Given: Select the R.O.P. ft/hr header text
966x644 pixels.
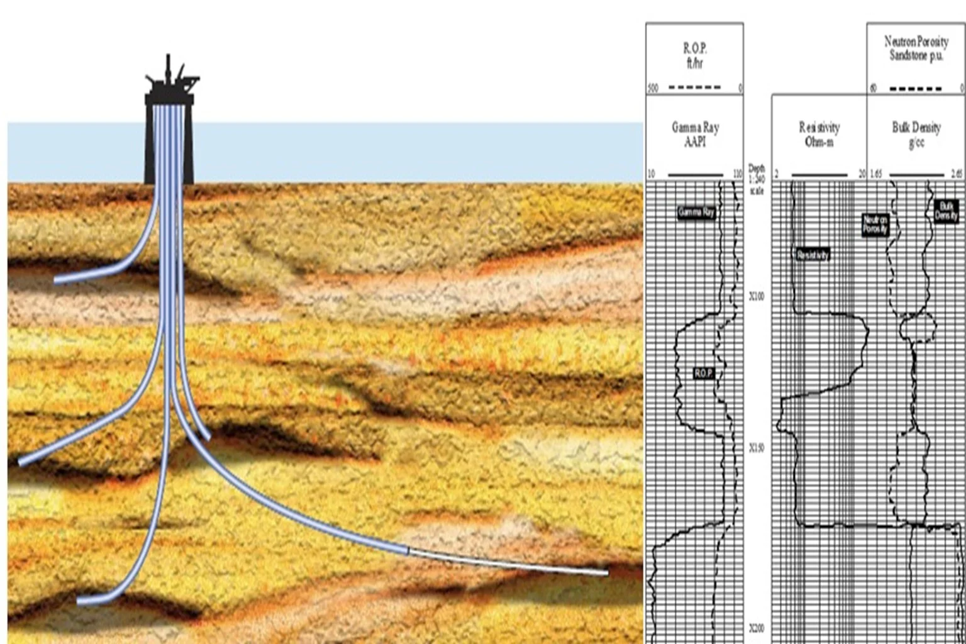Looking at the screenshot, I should (694, 55).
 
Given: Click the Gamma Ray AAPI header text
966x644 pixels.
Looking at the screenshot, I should (695, 134).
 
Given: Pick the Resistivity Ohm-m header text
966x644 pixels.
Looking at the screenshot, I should (819, 135).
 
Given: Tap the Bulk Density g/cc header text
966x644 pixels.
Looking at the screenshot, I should (916, 135).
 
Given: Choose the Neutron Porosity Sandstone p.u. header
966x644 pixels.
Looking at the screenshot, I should (916, 48).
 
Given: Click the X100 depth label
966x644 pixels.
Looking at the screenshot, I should (757, 296).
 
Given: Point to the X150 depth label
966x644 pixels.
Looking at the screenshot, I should (757, 448).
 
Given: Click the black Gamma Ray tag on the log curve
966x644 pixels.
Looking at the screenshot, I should (696, 212).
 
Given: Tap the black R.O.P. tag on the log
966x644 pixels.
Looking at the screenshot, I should (703, 373).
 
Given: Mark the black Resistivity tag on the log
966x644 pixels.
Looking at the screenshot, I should (813, 255).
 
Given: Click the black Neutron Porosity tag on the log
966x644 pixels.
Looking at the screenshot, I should (875, 225).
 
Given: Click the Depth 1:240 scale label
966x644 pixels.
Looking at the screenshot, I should (757, 179).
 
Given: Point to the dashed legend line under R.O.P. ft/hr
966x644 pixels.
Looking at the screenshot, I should (694, 87).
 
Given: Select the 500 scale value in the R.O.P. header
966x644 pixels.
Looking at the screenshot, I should (653, 89).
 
